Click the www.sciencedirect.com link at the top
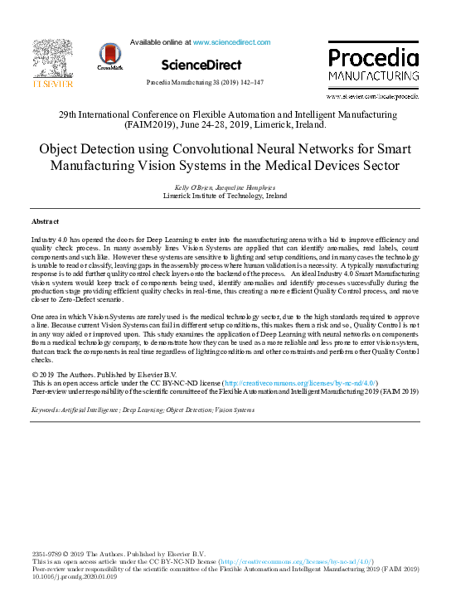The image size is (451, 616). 231,41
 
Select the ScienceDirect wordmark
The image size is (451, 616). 201,65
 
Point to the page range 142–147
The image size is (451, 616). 249,83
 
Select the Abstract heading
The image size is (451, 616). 45,222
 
